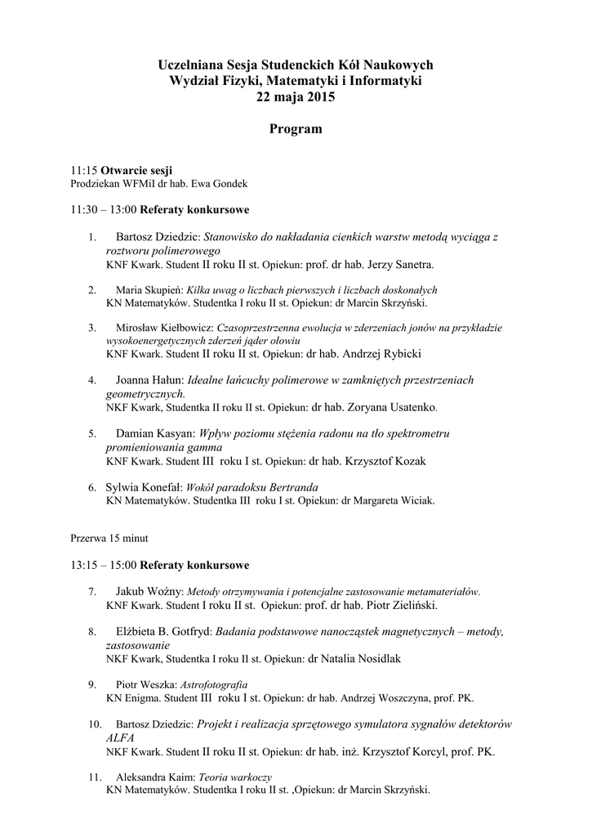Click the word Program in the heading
[296, 129]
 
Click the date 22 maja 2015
[296, 96]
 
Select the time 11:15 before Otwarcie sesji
[84, 170]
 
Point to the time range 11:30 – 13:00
[104, 209]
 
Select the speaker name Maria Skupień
[149, 289]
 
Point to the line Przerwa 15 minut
[109, 539]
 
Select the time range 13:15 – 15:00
[104, 565]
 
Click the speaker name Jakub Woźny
[150, 590]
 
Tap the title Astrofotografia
[216, 684]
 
